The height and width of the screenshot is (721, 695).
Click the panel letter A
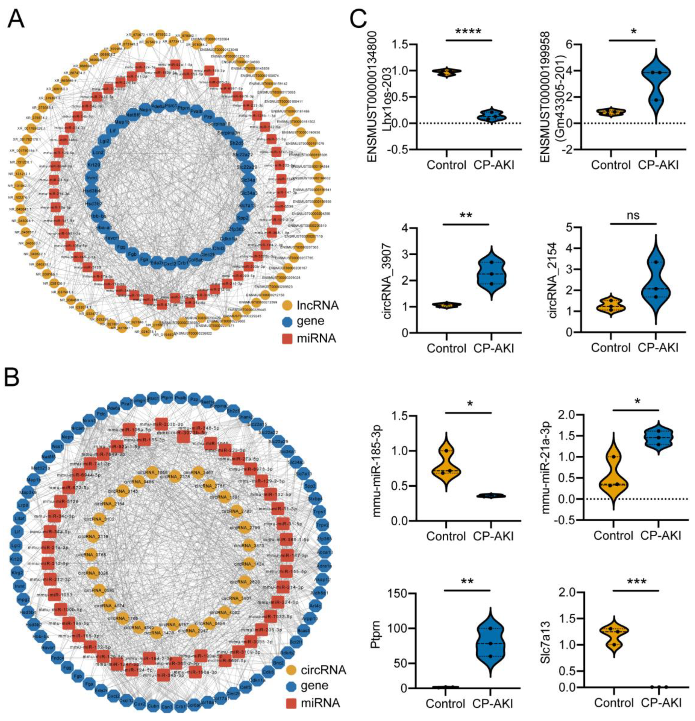click(15, 19)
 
